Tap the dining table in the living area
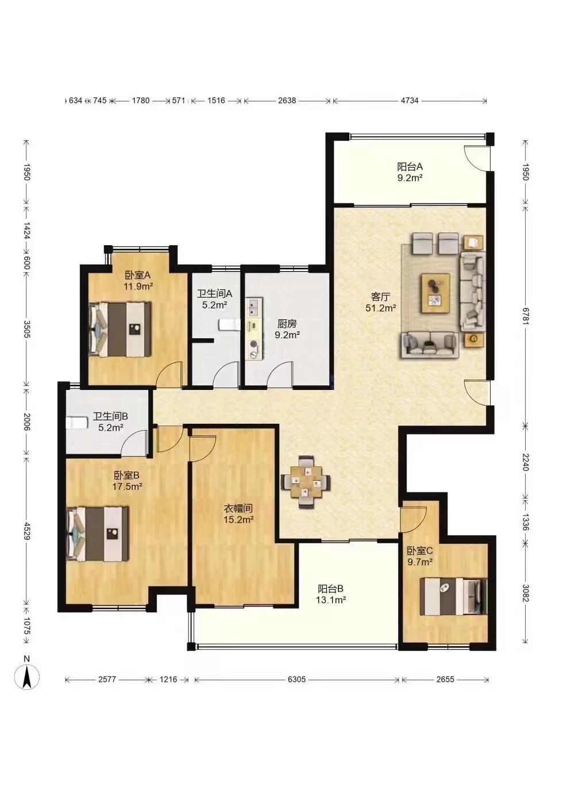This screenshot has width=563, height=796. [306, 482]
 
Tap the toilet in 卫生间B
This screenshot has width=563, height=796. [77, 422]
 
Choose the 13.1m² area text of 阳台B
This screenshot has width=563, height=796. [331, 600]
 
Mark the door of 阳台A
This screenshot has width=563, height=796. [477, 158]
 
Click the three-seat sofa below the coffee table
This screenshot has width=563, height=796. [430, 345]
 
